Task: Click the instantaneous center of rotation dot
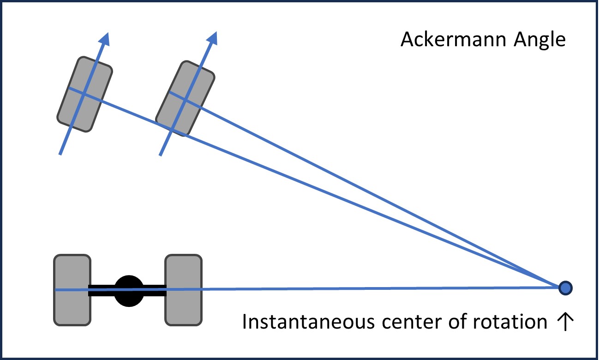565,288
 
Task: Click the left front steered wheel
84,94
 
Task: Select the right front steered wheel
185,99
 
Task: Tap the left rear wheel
72,290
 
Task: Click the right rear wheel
183,290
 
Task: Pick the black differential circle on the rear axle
129,291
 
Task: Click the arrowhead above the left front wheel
106,39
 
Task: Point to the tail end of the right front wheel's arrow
161,155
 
